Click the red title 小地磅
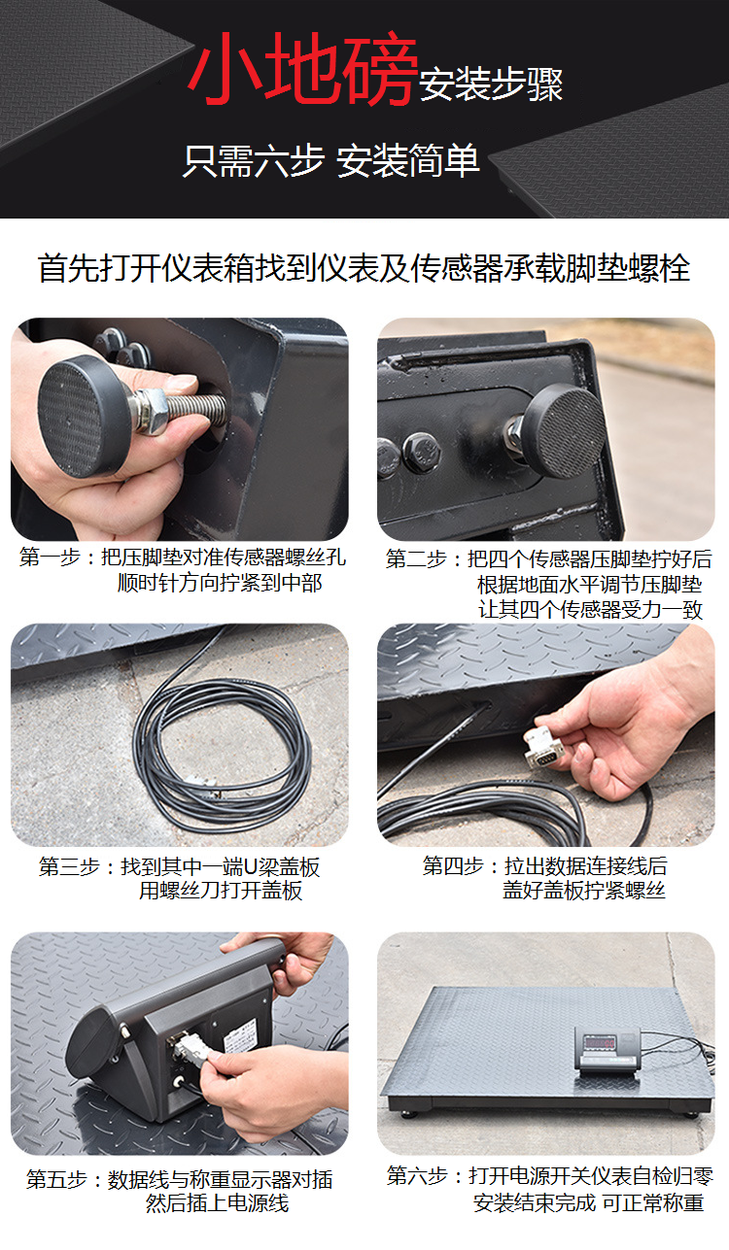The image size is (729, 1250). tap(302, 68)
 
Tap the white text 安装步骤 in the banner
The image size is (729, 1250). tap(491, 84)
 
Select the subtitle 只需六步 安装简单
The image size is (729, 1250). tap(330, 160)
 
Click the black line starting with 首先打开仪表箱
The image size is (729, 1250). tap(364, 268)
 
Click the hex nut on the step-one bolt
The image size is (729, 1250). tap(149, 412)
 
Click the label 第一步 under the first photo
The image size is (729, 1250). tap(51, 557)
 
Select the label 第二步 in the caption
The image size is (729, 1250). tap(417, 558)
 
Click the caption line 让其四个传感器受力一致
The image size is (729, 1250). tap(590, 609)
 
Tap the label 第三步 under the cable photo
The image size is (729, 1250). tap(69, 866)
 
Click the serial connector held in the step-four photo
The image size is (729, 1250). tap(542, 748)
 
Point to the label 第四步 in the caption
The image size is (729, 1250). tap(453, 865)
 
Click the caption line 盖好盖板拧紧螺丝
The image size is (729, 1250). tap(584, 890)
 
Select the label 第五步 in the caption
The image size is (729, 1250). tap(57, 1179)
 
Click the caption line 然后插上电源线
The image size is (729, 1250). tap(218, 1202)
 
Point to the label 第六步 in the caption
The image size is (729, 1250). tap(417, 1176)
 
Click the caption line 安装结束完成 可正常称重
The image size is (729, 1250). tap(588, 1202)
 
